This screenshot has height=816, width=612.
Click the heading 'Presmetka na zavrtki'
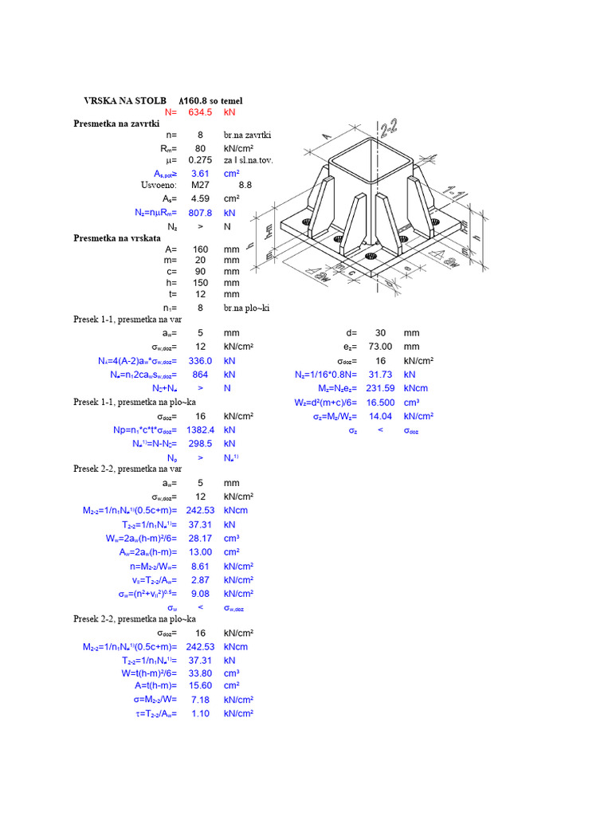pyautogui.click(x=116, y=124)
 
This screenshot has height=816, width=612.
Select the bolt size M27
pyautogui.click(x=200, y=185)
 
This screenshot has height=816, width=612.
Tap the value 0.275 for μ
pyautogui.click(x=200, y=160)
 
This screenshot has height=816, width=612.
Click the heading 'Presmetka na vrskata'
pyautogui.click(x=117, y=237)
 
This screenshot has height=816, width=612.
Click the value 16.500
pyautogui.click(x=380, y=402)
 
